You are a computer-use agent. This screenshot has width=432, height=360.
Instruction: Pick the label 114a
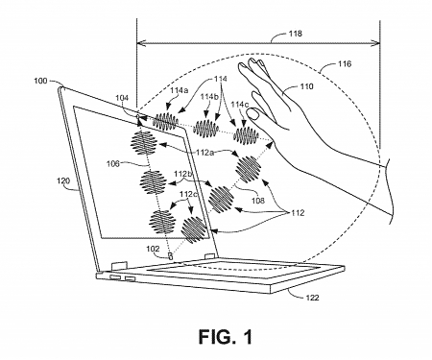pyautogui.click(x=179, y=90)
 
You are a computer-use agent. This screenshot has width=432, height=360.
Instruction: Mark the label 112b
pyautogui.click(x=184, y=175)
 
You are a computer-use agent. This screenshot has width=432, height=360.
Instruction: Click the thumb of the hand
pyautogui.click(x=256, y=113)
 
